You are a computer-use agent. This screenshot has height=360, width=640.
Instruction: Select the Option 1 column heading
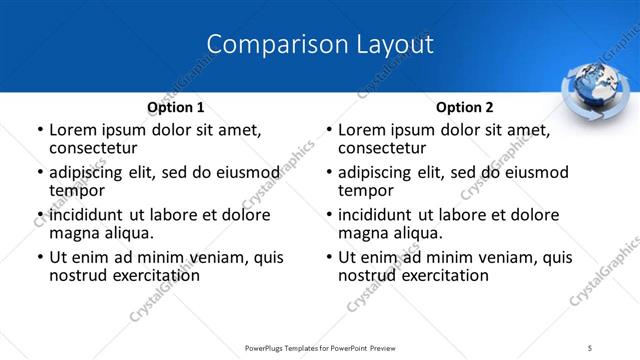[x=176, y=107]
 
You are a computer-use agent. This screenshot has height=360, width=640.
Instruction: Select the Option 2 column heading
[x=465, y=107]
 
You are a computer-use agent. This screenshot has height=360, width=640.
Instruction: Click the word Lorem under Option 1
[x=73, y=130]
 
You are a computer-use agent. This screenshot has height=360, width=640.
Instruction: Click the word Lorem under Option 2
[x=362, y=130]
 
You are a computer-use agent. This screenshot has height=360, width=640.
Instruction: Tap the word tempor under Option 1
[x=77, y=190]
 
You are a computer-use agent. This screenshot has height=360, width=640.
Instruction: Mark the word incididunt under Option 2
[x=380, y=215]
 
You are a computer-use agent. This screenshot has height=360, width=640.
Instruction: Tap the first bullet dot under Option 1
[x=40, y=131]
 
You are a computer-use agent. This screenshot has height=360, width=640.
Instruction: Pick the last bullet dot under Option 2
[x=329, y=258]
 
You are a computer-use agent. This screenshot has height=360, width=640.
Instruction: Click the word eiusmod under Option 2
[x=532, y=172]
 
